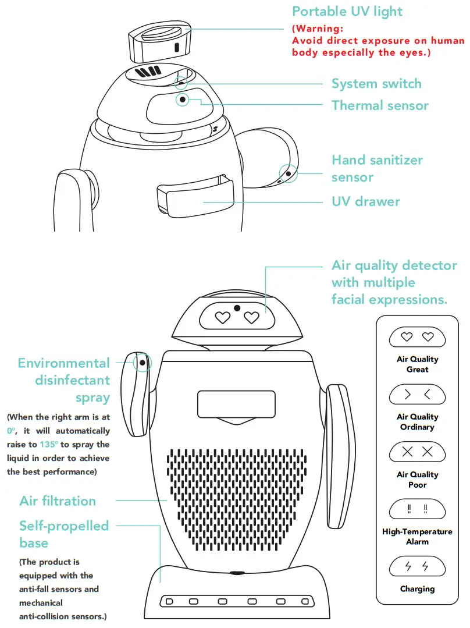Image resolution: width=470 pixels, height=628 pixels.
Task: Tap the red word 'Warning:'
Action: (316, 29)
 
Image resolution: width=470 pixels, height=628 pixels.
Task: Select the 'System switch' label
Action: (376, 84)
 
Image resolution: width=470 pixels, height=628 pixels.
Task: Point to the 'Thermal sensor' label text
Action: (380, 105)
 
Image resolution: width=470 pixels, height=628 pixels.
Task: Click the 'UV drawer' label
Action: (366, 201)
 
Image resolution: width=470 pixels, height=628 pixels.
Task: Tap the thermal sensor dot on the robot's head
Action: (183, 100)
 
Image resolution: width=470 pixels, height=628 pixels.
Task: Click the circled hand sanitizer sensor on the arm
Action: (287, 173)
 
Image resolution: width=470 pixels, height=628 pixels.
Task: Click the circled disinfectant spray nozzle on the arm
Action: (141, 363)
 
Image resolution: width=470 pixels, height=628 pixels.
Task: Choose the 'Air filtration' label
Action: (58, 501)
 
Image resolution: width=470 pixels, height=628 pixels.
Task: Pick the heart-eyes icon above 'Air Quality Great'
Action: (417, 337)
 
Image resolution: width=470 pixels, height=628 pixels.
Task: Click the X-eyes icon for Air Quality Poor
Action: (417, 452)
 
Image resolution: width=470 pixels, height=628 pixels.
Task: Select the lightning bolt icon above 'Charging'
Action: (417, 566)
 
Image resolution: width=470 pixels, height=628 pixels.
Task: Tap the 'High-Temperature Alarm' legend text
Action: (417, 537)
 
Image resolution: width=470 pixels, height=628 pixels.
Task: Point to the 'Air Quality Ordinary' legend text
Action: (417, 422)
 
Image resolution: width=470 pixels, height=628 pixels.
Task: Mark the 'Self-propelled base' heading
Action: (64, 534)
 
